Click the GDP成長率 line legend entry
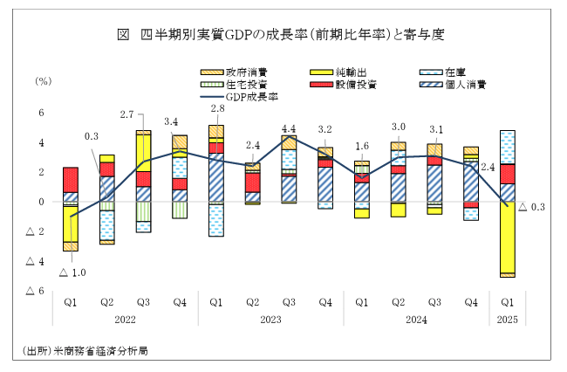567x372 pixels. (247, 97)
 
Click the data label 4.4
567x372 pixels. (289, 129)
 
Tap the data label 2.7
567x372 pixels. (126, 114)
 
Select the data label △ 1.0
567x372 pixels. (72, 272)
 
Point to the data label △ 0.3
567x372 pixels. (531, 207)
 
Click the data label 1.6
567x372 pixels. (362, 146)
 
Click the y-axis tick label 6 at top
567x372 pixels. (40, 113)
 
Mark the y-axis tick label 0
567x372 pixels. (40, 202)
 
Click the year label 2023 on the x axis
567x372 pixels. (270, 320)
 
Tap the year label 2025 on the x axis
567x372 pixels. (506, 320)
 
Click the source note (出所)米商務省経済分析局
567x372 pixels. (85, 351)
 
